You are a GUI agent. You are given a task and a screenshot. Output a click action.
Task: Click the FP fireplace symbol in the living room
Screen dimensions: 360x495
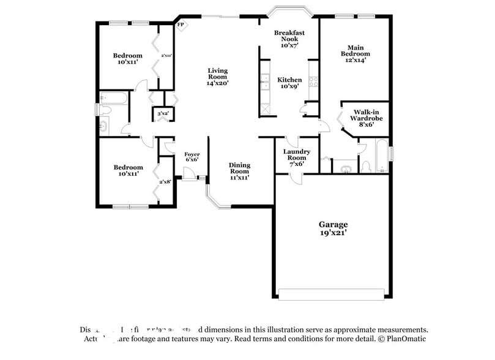[x=181, y=25]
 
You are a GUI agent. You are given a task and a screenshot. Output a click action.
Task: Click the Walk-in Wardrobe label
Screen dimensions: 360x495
[x=366, y=118]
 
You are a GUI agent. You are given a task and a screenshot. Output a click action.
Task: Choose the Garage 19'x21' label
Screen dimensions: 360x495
[x=333, y=228]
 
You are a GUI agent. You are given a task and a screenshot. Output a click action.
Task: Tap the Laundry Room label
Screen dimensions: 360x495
[x=297, y=157]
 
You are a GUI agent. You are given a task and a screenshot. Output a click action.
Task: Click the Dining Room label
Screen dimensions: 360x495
[x=239, y=171]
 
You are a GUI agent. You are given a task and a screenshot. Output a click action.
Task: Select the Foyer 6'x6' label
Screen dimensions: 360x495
[x=192, y=157]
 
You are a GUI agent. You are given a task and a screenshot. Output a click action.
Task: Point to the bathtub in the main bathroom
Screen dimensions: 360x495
[x=382, y=156]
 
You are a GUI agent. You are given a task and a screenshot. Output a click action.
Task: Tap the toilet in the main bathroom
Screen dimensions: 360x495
[x=366, y=166]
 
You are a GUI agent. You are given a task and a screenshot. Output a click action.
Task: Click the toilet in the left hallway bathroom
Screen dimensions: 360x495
[x=104, y=110]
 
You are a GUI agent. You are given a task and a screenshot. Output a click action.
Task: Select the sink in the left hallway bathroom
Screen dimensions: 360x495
[x=103, y=126]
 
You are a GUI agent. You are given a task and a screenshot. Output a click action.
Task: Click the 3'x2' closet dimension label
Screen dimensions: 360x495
[x=163, y=114]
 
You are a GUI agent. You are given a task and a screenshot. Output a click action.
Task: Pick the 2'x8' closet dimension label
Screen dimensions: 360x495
[x=165, y=181]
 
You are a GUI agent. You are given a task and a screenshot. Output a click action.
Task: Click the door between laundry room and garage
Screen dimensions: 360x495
[x=296, y=178]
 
